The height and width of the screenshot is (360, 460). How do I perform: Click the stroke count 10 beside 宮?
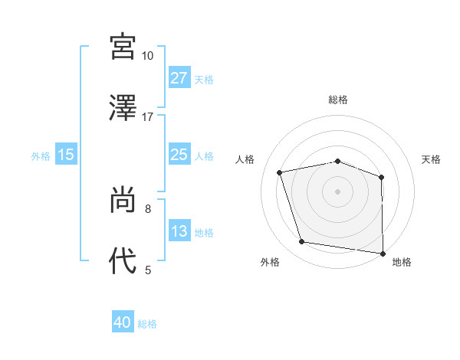(147, 56)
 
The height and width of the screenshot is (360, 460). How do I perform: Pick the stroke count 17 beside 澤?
(147, 117)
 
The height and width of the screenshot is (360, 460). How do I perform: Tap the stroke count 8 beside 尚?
(147, 208)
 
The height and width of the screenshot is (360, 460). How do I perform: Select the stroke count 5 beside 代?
(148, 270)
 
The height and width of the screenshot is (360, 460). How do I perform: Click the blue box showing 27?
(179, 77)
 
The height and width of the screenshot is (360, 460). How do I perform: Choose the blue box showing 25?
(179, 155)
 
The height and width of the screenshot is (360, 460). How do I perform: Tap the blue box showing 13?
(179, 231)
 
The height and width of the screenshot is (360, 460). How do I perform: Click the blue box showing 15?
(66, 155)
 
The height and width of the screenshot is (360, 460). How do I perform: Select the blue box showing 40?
(123, 322)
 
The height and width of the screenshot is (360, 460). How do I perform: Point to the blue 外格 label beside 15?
(41, 155)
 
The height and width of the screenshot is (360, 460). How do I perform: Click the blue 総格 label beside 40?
(147, 323)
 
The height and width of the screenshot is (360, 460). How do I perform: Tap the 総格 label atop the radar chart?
(338, 100)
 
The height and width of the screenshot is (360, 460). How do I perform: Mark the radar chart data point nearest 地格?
(383, 253)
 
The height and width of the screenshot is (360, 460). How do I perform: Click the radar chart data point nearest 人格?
(280, 172)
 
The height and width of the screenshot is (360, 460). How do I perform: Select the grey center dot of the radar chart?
(337, 191)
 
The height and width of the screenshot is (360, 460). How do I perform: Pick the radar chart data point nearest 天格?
(381, 177)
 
